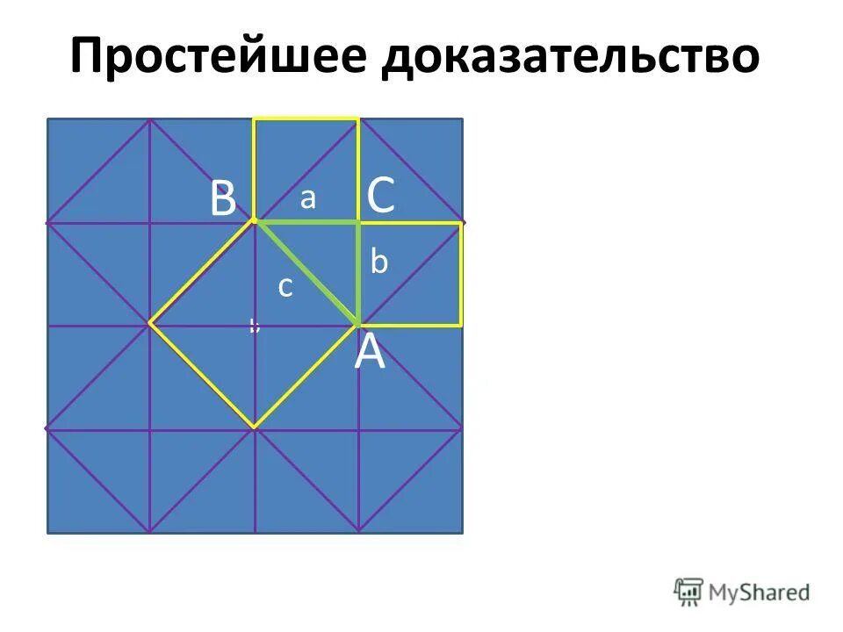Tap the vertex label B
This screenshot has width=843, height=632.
click(223, 199)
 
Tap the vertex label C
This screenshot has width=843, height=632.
click(380, 196)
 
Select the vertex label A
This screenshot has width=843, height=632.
click(370, 354)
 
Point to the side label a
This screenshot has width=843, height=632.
click(307, 198)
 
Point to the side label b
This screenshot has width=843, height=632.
click(378, 262)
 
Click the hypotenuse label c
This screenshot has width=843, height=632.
click(285, 286)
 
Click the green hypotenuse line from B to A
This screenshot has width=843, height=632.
click(307, 273)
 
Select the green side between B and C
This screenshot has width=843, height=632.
click(306, 222)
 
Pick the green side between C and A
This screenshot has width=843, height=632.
click(358, 273)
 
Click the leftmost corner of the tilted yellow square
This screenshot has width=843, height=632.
click(151, 324)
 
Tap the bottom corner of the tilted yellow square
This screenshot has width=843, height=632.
click(255, 428)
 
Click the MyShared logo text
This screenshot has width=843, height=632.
click(759, 592)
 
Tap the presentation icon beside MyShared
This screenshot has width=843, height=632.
click(689, 592)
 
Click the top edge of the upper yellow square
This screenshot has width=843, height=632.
click(306, 119)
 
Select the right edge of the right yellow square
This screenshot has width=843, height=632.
click(461, 274)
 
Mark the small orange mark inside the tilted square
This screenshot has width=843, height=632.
click(253, 327)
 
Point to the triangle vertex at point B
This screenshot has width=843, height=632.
click(255, 222)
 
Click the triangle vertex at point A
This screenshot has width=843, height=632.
click(358, 325)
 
